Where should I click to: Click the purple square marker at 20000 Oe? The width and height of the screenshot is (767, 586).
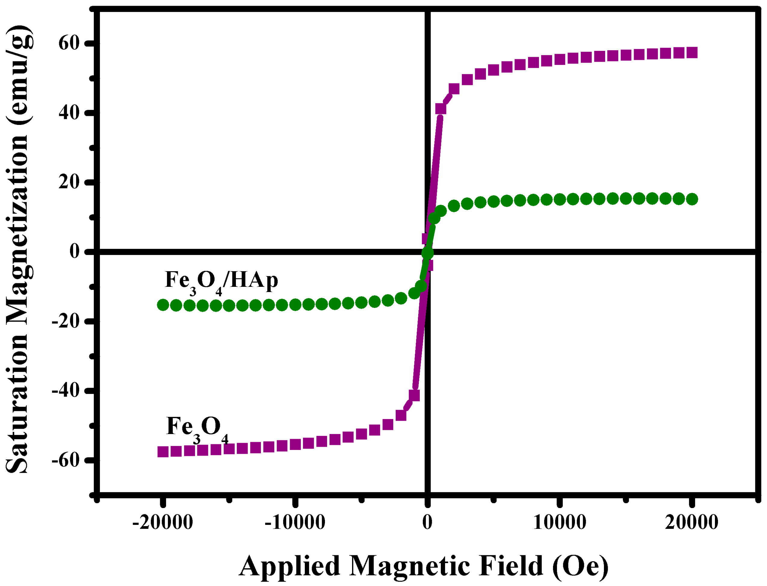pos(692,53)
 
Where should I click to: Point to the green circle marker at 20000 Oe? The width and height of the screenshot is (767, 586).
pos(692,199)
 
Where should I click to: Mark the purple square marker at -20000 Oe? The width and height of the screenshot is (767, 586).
pos(163,452)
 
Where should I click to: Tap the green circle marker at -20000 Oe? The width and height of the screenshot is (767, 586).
pos(163,305)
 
